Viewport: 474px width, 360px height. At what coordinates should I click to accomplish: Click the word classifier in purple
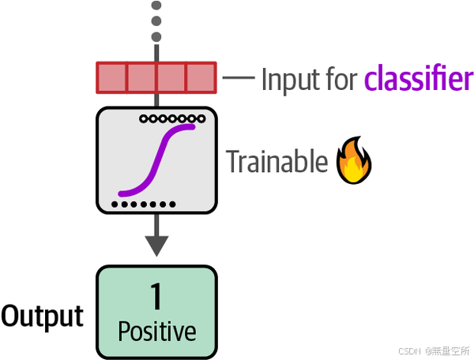(418, 79)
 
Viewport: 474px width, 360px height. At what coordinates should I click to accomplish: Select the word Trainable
(276, 162)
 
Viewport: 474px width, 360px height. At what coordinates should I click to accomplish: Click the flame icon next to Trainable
(355, 161)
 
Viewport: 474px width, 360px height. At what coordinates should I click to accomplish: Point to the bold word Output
(42, 316)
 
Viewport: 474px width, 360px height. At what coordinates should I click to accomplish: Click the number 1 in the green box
(156, 297)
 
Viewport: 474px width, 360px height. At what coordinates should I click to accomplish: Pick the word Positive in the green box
(156, 331)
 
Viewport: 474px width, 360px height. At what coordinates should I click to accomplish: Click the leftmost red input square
(111, 77)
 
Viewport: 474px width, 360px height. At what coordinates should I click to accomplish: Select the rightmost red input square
(201, 77)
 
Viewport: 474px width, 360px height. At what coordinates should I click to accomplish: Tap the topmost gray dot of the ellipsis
(156, 6)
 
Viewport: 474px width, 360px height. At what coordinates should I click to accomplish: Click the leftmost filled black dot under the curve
(115, 204)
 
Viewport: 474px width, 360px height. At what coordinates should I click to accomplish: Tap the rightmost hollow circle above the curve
(201, 118)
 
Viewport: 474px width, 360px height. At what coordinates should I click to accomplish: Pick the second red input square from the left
(141, 77)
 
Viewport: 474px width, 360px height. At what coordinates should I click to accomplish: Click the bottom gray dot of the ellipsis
(156, 36)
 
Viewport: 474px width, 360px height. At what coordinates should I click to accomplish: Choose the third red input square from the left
(171, 77)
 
